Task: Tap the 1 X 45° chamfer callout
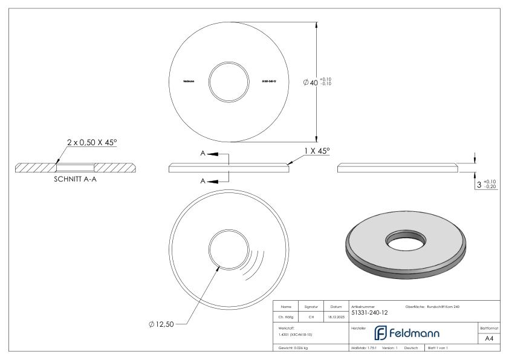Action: click(x=316, y=151)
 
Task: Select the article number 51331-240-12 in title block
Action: click(x=369, y=312)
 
